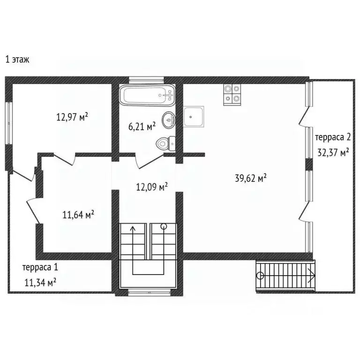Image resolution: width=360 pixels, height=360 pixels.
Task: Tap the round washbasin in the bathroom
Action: click(x=169, y=120)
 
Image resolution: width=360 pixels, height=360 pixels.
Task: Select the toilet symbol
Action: click(x=166, y=143)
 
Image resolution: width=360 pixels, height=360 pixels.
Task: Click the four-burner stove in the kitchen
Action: click(x=232, y=95)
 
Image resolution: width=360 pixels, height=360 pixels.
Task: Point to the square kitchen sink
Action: click(x=194, y=116)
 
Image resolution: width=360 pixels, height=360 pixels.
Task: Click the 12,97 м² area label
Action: click(x=72, y=117)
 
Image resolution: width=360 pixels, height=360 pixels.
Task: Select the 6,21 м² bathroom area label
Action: click(x=142, y=126)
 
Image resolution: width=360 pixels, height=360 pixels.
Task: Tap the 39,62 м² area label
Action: click(x=251, y=178)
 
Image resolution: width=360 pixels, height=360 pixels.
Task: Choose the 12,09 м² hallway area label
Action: click(x=152, y=187)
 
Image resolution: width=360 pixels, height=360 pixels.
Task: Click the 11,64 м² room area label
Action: click(x=78, y=215)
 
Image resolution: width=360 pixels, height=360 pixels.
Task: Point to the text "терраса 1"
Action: click(x=40, y=268)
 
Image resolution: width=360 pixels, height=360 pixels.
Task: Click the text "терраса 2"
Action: click(x=333, y=137)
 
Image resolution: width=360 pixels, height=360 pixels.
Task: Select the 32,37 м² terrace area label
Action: click(x=333, y=152)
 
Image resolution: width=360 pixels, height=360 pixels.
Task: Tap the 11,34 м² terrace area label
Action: click(x=40, y=282)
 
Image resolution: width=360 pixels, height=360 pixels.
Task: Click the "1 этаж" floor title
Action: click(x=17, y=60)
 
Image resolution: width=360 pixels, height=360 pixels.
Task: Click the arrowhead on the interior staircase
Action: click(x=133, y=228)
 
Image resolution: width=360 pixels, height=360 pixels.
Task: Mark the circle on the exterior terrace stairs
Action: click(x=260, y=275)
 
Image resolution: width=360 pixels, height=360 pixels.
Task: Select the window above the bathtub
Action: click(x=146, y=80)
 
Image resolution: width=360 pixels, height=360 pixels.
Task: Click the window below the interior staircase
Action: click(x=149, y=292)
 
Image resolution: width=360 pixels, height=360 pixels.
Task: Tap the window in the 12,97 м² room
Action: click(x=9, y=123)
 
